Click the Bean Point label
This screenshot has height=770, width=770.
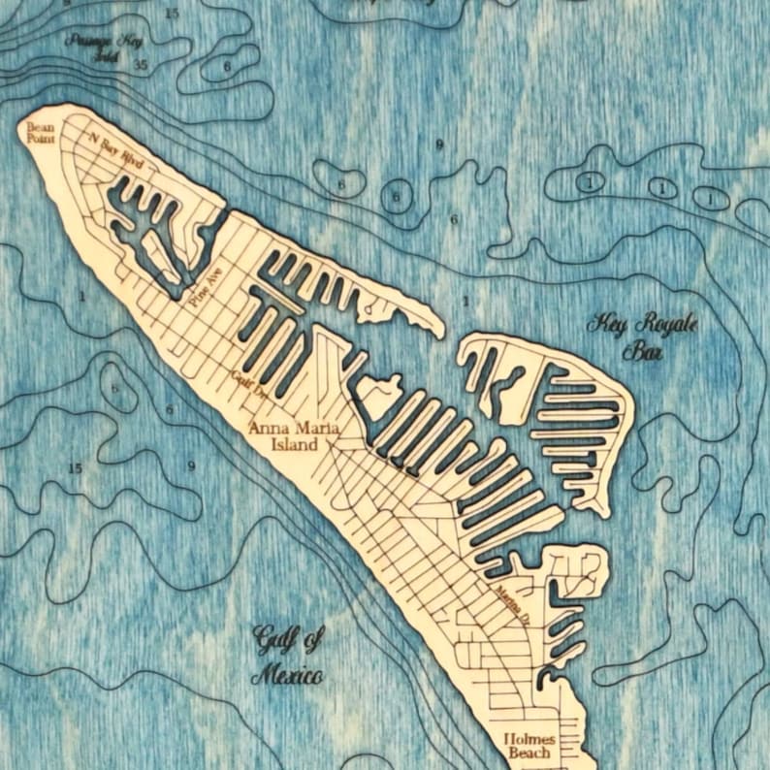41,133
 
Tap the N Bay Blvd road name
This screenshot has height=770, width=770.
115,151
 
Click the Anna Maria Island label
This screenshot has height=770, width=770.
283,435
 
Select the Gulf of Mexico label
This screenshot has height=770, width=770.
287,656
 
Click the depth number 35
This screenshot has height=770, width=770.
141,65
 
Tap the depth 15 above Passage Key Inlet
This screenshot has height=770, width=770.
171,14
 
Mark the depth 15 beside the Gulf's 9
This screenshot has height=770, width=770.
76,469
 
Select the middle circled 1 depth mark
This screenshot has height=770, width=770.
661,188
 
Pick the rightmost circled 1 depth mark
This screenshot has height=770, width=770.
711,198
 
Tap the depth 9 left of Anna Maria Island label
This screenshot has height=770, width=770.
191,466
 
